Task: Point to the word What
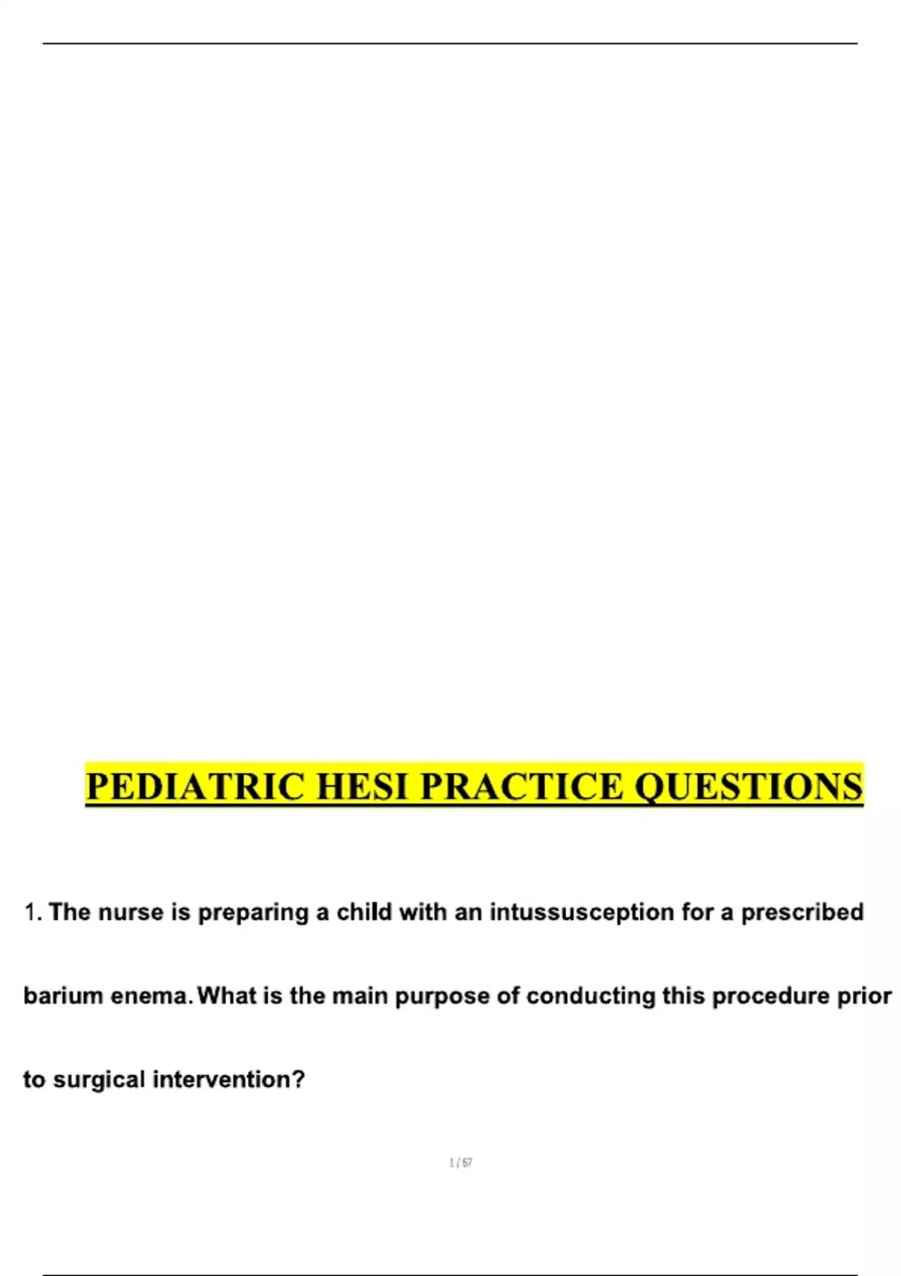(x=224, y=996)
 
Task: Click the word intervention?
(x=229, y=1079)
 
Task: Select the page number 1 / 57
(x=460, y=1163)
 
